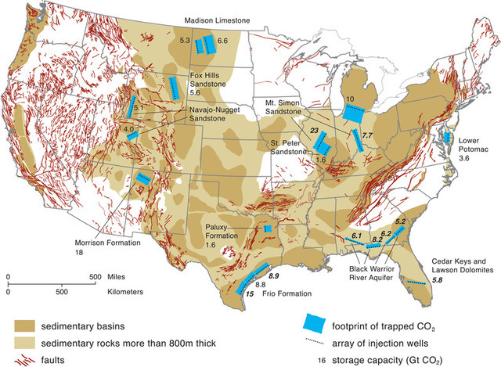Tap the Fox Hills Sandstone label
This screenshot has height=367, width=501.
(207, 81)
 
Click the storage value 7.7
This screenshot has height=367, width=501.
(366, 136)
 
